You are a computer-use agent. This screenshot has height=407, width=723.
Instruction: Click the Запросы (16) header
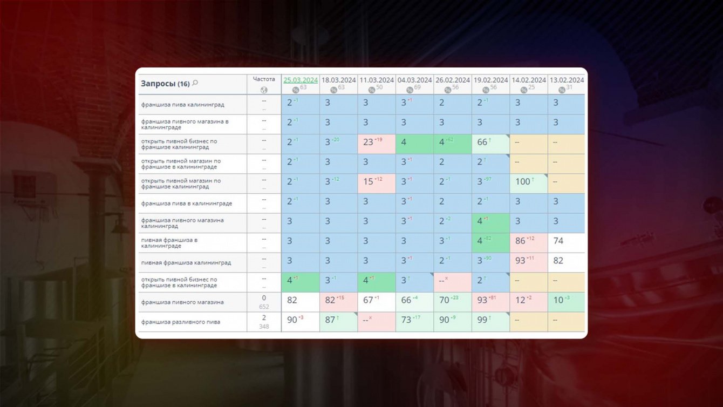(165, 84)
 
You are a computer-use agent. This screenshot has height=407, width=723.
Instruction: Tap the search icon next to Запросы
(195, 83)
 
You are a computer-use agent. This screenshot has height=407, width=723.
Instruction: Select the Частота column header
(264, 79)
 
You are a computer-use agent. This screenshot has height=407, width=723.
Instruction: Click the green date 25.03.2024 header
(301, 80)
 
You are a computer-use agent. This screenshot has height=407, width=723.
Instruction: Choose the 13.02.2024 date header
(567, 80)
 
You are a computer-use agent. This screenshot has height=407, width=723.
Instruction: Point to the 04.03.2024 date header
(414, 80)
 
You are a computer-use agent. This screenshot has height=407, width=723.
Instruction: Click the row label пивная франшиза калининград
(186, 263)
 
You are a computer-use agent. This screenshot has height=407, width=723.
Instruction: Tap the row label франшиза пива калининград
(182, 104)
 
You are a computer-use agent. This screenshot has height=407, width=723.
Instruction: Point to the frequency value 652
(264, 307)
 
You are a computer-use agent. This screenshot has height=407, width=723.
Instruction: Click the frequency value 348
(264, 327)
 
